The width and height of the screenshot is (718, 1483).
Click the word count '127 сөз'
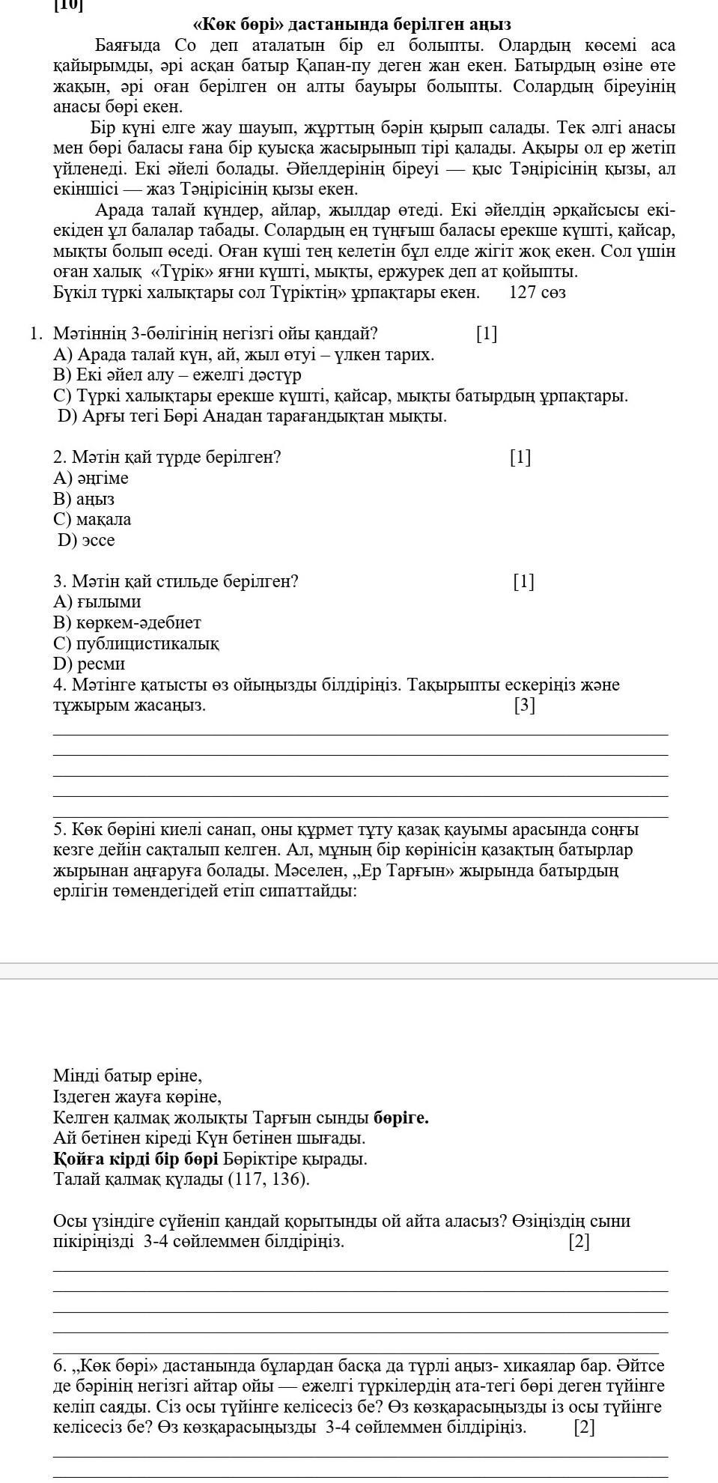[x=537, y=292]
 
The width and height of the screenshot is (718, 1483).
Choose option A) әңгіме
[x=91, y=478]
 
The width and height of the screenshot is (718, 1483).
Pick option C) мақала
[x=92, y=519]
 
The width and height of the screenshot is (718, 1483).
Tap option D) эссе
[x=86, y=540]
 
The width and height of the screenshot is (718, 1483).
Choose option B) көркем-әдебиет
[x=127, y=622]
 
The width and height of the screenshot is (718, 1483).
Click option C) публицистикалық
[x=136, y=643]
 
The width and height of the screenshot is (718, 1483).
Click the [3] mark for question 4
[x=525, y=705]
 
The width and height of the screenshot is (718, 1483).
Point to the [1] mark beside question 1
[x=487, y=333]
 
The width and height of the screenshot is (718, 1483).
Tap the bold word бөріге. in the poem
[x=401, y=1117]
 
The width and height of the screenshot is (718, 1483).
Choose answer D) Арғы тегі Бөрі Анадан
[x=252, y=416]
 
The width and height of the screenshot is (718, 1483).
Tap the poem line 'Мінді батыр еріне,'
[x=128, y=1076]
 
